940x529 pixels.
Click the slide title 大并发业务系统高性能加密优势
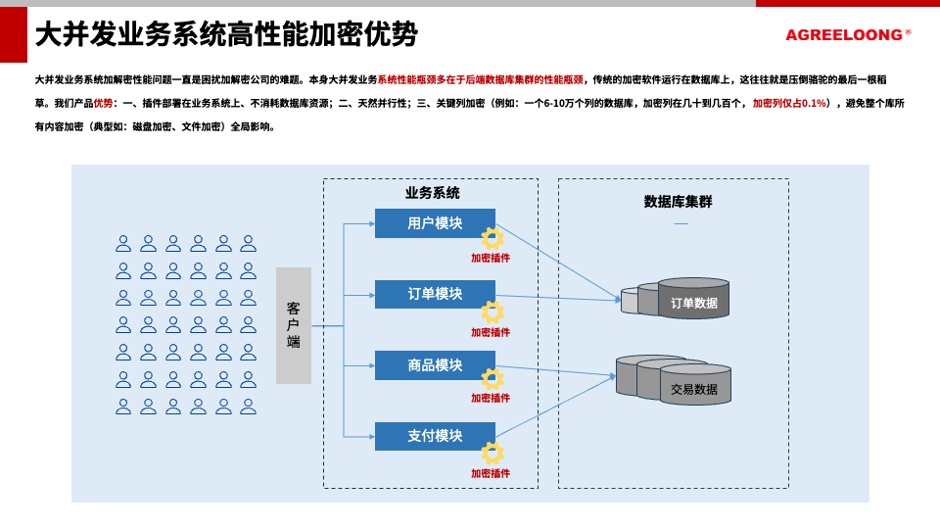[x=226, y=35]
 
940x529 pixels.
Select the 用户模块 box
[x=434, y=223]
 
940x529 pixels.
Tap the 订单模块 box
[x=434, y=294]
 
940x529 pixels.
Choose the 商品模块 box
[x=434, y=365]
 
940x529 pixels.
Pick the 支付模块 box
[x=434, y=436]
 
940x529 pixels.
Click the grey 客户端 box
[x=294, y=325]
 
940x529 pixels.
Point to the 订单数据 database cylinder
[x=693, y=300]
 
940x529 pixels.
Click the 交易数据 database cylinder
[x=694, y=385]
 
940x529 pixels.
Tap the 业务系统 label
[x=432, y=193]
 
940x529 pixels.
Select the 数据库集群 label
[x=678, y=202]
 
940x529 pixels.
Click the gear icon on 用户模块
[x=492, y=238]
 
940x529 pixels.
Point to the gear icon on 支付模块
[x=492, y=453]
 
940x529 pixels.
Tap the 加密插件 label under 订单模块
[x=491, y=333]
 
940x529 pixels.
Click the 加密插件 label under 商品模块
[x=491, y=399]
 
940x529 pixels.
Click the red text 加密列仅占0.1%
[x=789, y=103]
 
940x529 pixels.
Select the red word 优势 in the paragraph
[x=103, y=103]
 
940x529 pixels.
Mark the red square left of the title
[x=14, y=34]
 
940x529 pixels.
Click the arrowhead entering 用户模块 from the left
[x=372, y=223]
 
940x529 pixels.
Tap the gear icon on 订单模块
[x=492, y=312]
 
